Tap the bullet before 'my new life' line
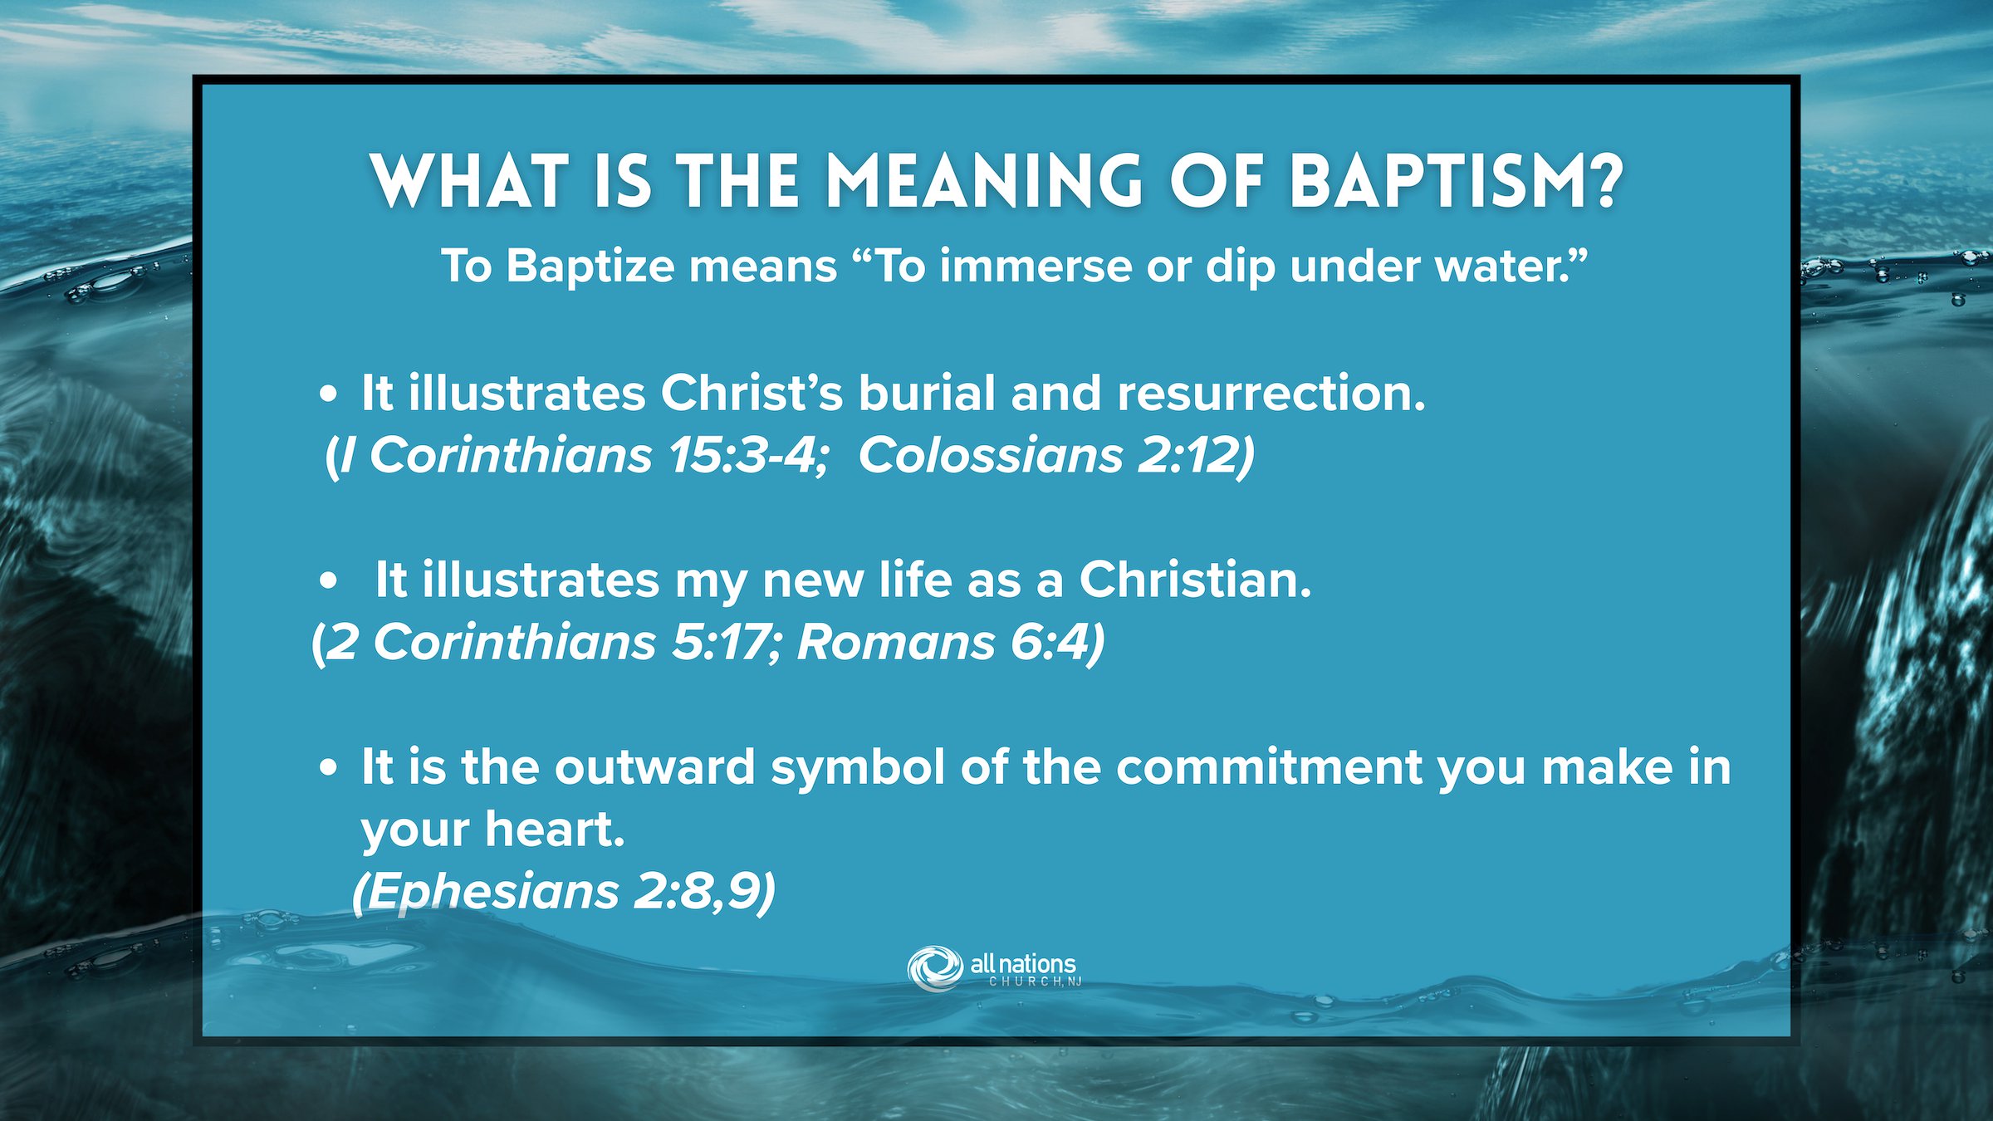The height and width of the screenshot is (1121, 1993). click(329, 581)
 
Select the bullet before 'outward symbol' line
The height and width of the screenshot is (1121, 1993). click(329, 768)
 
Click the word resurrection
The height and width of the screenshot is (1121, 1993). click(1271, 394)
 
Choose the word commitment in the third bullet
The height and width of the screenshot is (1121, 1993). click(1269, 767)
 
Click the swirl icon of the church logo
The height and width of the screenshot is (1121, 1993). click(935, 968)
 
